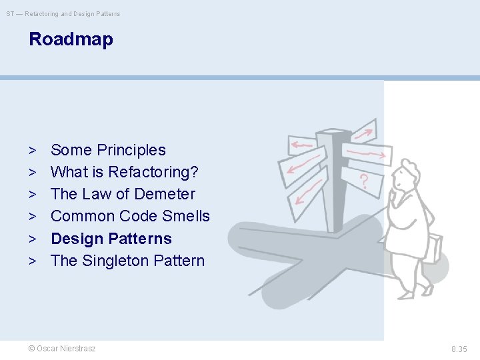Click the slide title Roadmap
coord(71,39)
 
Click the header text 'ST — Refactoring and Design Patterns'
coord(63,14)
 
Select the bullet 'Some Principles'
coord(108,150)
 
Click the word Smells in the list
coord(189,216)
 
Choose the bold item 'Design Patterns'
coord(111,239)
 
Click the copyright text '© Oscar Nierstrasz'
coord(62,349)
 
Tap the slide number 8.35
coord(459,349)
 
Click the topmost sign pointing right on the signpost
coord(363,131)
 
